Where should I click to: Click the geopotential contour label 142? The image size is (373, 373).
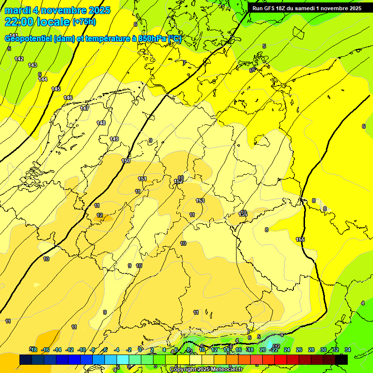(19, 59)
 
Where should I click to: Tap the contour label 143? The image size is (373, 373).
(33, 65)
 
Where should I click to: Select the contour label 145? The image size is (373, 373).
(56, 89)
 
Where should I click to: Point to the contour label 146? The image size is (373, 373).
(68, 98)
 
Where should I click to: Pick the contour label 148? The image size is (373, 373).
(101, 123)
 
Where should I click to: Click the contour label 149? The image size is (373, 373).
(114, 139)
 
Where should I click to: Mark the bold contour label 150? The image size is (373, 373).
(126, 161)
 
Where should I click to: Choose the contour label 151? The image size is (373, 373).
(142, 179)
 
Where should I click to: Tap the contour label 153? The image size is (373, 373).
(200, 201)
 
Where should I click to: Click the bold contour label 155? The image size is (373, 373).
(301, 239)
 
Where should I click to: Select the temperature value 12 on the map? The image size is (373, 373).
(100, 215)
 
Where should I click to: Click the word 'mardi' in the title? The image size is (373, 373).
(17, 10)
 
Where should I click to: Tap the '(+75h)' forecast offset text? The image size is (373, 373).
(84, 22)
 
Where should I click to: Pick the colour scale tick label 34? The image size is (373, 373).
(347, 350)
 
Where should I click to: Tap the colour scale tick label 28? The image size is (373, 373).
(311, 350)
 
